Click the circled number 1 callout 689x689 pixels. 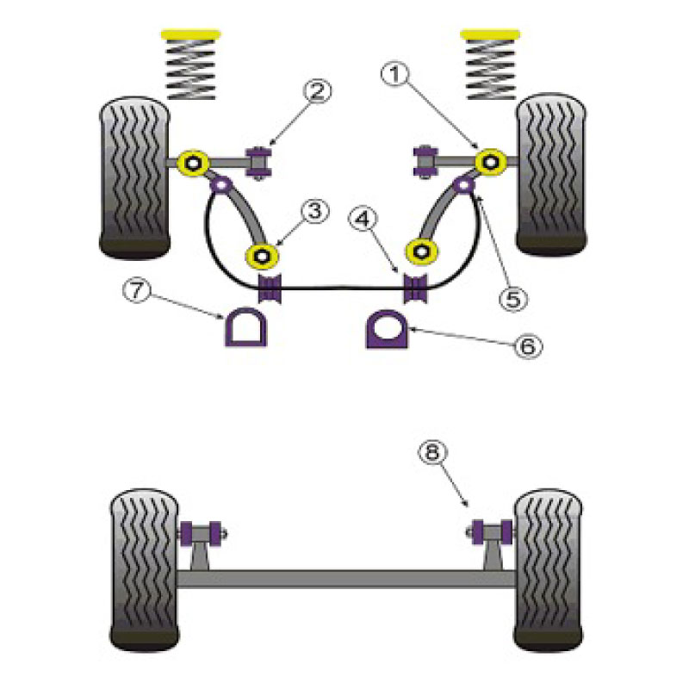pyautogui.click(x=394, y=74)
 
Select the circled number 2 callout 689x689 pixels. pyautogui.click(x=317, y=90)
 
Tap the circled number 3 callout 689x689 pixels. pyautogui.click(x=314, y=211)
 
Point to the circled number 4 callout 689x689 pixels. pyautogui.click(x=362, y=219)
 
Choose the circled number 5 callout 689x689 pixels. pyautogui.click(x=513, y=299)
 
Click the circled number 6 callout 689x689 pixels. pyautogui.click(x=528, y=346)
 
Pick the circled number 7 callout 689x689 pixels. pyautogui.click(x=137, y=290)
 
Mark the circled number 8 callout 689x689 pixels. pyautogui.click(x=432, y=451)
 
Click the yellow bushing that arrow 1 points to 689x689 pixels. pyautogui.click(x=490, y=162)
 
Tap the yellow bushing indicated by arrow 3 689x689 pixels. pyautogui.click(x=262, y=256)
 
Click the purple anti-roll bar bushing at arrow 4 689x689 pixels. pyautogui.click(x=415, y=289)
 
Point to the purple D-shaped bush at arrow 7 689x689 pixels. pyautogui.click(x=246, y=327)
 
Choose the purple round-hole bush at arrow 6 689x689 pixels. pyautogui.click(x=387, y=329)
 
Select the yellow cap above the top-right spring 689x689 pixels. pyautogui.click(x=490, y=34)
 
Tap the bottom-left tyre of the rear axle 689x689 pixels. pyautogui.click(x=144, y=570)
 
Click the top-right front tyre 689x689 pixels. pyautogui.click(x=551, y=174)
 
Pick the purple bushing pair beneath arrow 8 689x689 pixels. pyautogui.click(x=492, y=531)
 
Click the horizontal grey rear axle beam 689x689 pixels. pyautogui.click(x=346, y=579)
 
